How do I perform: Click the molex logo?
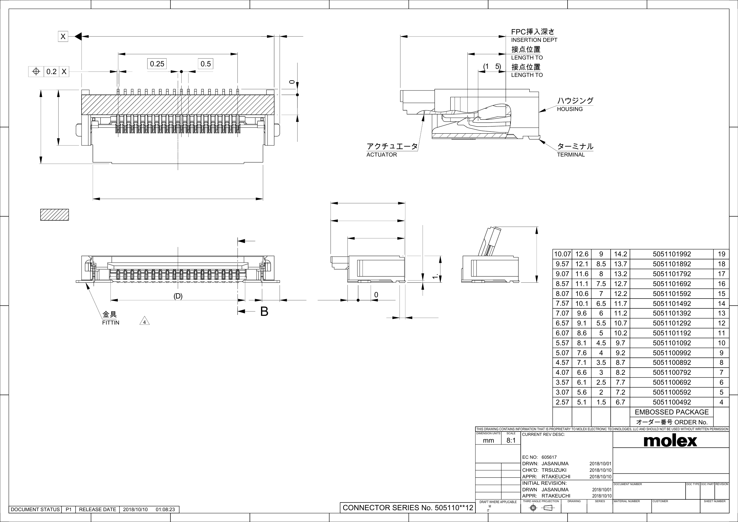[670, 441]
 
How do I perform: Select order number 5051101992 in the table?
[671, 254]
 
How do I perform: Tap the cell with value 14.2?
[620, 254]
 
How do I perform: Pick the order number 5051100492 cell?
[671, 402]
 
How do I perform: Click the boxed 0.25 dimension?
[157, 64]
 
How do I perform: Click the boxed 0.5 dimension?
[205, 64]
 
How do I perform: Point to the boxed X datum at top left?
[63, 36]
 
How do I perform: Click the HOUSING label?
[570, 109]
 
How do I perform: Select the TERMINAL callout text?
[571, 155]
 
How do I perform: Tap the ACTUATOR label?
[382, 155]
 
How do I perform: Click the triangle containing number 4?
[145, 322]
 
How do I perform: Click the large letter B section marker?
[264, 312]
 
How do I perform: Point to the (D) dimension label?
[178, 296]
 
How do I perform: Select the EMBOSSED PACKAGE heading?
[671, 412]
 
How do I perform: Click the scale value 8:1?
[511, 440]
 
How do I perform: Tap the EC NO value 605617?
[549, 457]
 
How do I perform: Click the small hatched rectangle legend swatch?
[54, 215]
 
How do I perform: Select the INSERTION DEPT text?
[534, 40]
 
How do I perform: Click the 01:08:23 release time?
[165, 510]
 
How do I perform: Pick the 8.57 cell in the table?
[562, 284]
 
